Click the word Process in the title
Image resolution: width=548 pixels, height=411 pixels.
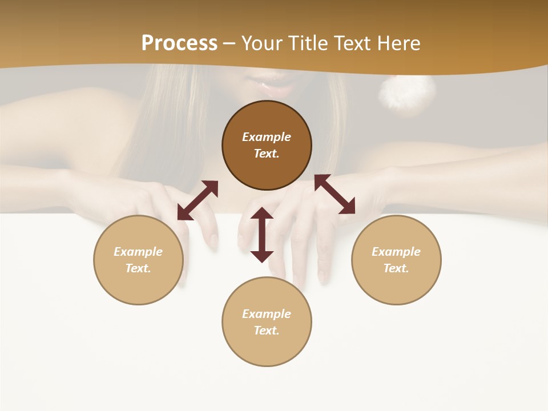(179, 43)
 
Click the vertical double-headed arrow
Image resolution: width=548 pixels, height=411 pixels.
(262, 235)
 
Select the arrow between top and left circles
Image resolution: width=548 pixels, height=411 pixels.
(198, 200)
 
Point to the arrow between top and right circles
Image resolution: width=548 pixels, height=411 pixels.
(335, 194)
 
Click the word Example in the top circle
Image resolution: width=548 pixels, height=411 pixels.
(267, 137)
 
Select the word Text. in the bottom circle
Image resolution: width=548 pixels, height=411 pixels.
(267, 331)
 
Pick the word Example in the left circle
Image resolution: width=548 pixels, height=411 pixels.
(138, 252)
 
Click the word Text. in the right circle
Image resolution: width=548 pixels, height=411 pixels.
(396, 268)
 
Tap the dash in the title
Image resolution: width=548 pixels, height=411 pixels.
(229, 43)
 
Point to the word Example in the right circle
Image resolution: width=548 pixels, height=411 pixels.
(396, 252)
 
